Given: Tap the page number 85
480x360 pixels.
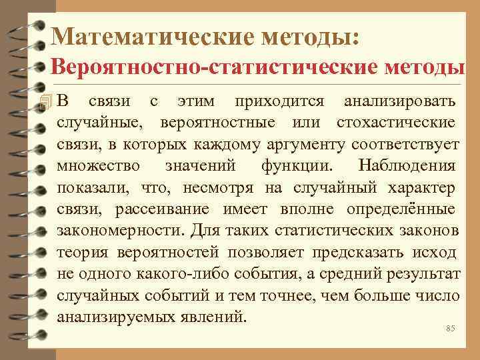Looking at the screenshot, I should pyautogui.click(x=450, y=329).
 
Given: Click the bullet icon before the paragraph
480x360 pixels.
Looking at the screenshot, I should pyautogui.click(x=45, y=102).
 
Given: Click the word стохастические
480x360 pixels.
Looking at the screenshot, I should pyautogui.click(x=396, y=123).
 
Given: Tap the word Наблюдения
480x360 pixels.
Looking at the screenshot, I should pyautogui.click(x=407, y=166).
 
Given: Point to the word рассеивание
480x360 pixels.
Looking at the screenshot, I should pyautogui.click(x=163, y=209).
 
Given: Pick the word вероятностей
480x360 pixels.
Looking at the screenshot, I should pyautogui.click(x=167, y=252).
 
